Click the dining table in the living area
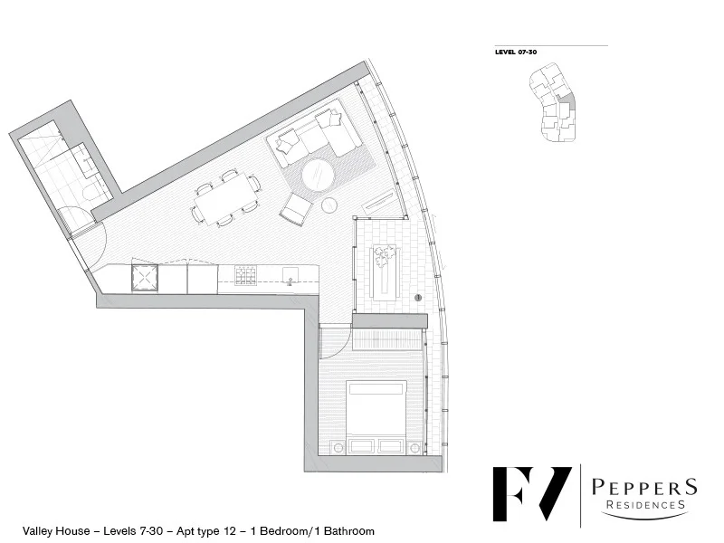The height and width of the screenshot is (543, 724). (225, 198)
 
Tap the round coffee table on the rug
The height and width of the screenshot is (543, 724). (318, 176)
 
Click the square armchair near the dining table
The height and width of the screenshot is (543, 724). (295, 209)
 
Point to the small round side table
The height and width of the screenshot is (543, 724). (329, 205)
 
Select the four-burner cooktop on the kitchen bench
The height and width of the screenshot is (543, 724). (245, 276)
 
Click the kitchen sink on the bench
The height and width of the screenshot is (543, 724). (291, 276)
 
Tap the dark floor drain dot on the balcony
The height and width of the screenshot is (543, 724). (418, 297)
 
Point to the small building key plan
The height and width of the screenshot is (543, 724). (551, 108)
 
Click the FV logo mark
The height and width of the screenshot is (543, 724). (531, 494)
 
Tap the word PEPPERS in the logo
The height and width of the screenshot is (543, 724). (644, 487)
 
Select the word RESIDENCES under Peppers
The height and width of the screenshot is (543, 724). (644, 505)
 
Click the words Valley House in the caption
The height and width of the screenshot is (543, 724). (50, 531)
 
